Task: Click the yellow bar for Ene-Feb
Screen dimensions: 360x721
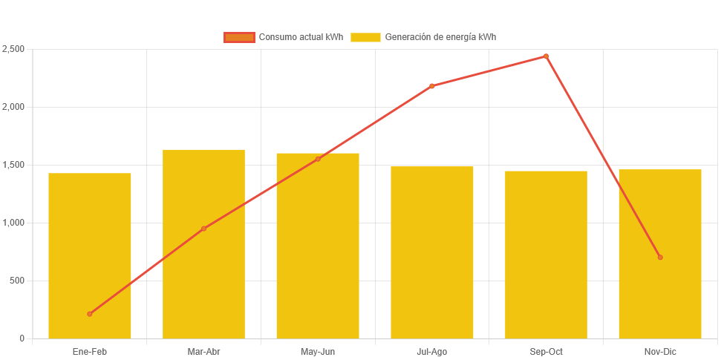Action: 90,256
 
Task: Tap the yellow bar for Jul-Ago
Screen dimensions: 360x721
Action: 432,252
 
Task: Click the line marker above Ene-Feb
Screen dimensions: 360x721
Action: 90,314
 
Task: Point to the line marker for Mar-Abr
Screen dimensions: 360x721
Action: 203,229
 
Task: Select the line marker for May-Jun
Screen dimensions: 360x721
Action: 318,159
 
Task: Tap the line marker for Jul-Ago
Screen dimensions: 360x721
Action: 432,86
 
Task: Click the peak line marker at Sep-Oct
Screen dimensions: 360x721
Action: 546,56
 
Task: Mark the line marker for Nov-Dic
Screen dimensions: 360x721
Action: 660,258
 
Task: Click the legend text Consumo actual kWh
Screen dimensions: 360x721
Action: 301,37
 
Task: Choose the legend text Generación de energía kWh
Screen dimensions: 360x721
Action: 440,37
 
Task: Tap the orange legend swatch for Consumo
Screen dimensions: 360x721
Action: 239,37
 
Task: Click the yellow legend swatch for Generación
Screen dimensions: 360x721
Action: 365,37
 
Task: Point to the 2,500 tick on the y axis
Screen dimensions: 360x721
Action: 13,49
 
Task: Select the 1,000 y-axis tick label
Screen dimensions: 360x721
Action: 13,223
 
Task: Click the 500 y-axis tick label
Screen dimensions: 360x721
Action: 16,281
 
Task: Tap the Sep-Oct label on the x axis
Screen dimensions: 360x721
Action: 546,351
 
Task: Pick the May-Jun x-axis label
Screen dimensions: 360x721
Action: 318,351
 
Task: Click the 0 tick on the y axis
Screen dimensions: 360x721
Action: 22,338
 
